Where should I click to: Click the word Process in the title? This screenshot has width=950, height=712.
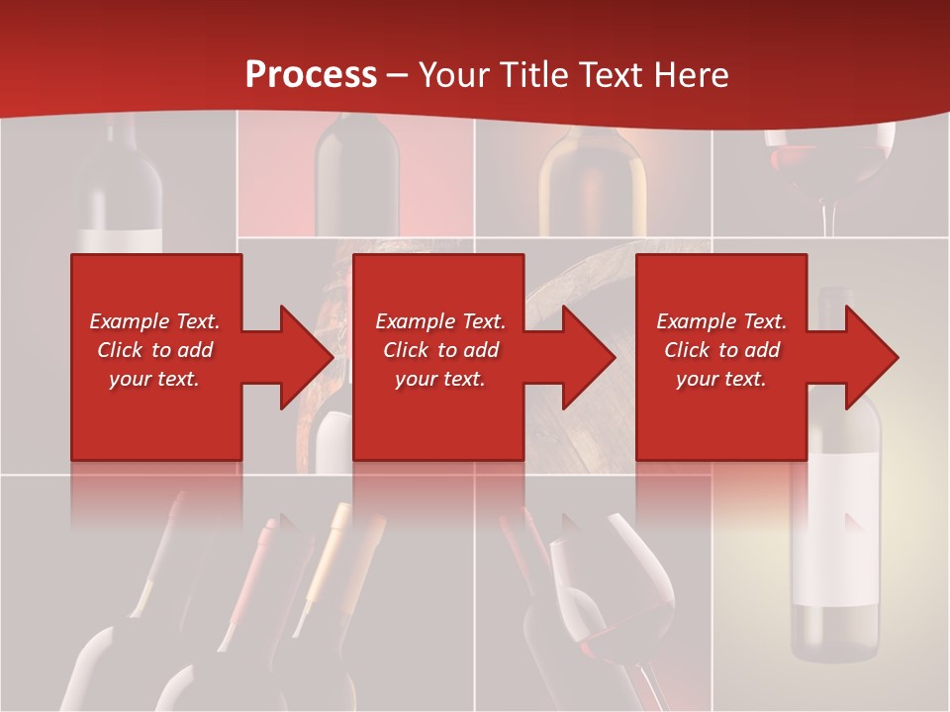tap(311, 74)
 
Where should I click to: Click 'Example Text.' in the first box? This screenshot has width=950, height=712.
tap(154, 321)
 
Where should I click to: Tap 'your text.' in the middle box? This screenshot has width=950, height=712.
tap(439, 379)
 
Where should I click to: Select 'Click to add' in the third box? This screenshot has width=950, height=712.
tap(721, 350)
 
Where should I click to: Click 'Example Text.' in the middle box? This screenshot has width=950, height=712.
tap(439, 321)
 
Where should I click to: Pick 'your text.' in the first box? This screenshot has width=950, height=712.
tap(154, 379)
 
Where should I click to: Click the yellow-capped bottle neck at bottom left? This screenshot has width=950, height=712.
tap(332, 554)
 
